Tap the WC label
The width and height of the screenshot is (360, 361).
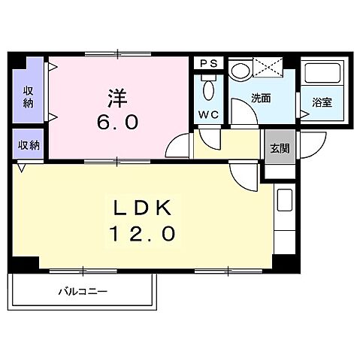[x=210, y=115]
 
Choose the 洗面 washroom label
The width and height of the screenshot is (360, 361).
[x=261, y=97]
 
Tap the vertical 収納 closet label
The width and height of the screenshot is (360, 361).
[x=27, y=96]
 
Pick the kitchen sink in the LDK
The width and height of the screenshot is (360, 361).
[x=285, y=202]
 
